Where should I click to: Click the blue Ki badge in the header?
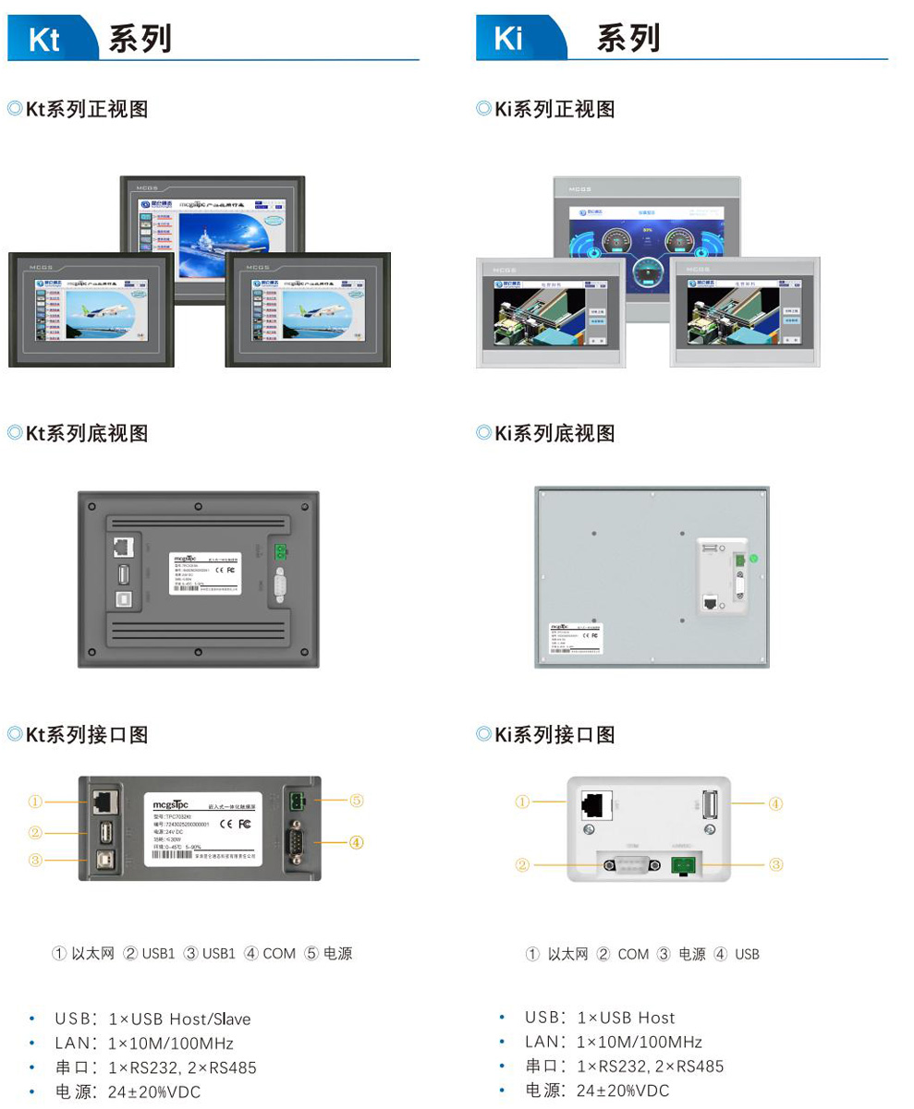(x=510, y=40)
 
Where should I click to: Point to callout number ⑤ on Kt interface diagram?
(x=357, y=801)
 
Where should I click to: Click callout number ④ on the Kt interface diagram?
(x=357, y=841)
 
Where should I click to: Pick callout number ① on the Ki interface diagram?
(x=523, y=802)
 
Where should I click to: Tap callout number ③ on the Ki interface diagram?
(x=776, y=864)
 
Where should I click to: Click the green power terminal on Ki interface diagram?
(x=685, y=865)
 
